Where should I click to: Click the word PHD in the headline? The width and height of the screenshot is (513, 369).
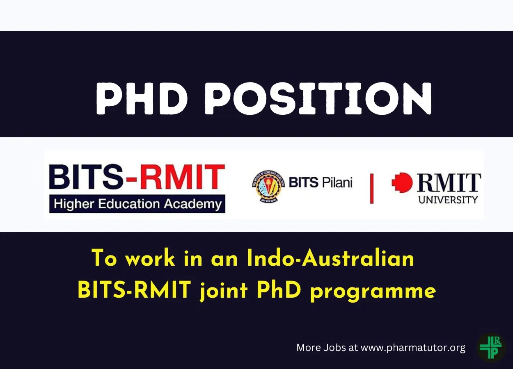[142, 98]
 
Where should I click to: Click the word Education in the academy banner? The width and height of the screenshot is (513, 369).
[129, 204]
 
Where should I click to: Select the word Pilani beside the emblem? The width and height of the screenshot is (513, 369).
[337, 182]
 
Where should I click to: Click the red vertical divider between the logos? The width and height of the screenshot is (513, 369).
[372, 189]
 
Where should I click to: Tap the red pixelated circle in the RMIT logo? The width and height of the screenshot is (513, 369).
[402, 182]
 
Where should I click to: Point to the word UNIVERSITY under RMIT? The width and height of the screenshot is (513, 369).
[448, 200]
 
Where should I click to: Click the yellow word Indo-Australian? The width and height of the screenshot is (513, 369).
[330, 258]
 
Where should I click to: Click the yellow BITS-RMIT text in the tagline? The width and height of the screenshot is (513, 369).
[135, 289]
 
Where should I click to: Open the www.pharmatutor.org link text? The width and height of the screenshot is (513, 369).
[413, 348]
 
